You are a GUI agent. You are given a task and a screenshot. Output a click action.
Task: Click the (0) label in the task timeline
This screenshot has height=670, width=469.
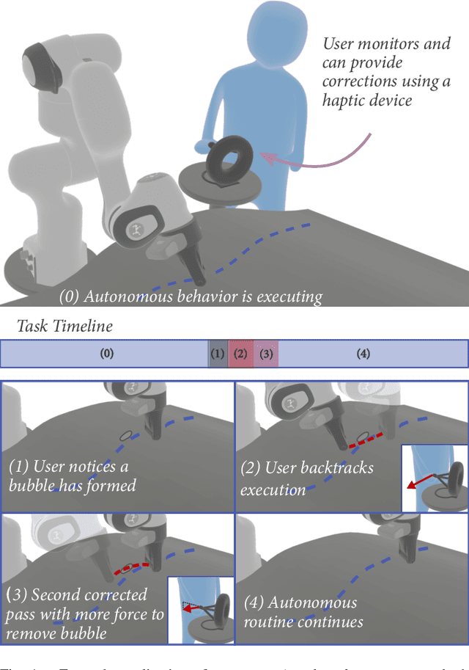pyautogui.click(x=107, y=354)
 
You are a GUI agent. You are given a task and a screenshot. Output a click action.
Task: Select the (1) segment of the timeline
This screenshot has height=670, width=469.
pyautogui.click(x=217, y=354)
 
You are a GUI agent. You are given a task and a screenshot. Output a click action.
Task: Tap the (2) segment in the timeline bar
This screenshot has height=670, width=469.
pyautogui.click(x=240, y=354)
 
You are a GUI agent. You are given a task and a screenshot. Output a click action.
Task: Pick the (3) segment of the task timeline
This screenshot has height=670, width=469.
pyautogui.click(x=266, y=354)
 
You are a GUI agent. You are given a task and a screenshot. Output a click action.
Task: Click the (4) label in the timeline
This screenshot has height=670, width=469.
pyautogui.click(x=363, y=354)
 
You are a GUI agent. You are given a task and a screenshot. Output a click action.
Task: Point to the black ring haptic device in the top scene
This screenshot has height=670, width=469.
pyautogui.click(x=229, y=156)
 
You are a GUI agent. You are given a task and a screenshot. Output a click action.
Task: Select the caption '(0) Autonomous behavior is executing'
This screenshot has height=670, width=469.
pyautogui.click(x=191, y=296)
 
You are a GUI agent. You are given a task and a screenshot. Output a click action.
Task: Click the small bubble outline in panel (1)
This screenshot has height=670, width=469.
pyautogui.click(x=126, y=435)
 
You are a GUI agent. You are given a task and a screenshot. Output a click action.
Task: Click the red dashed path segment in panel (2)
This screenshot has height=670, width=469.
pyautogui.click(x=365, y=440)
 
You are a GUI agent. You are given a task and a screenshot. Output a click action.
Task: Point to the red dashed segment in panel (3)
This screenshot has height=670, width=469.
pyautogui.click(x=132, y=569)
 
